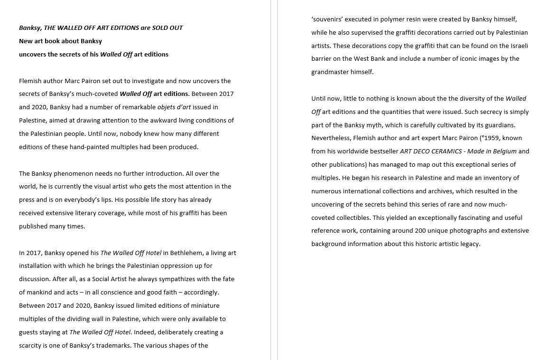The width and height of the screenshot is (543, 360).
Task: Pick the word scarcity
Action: [31, 346]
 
